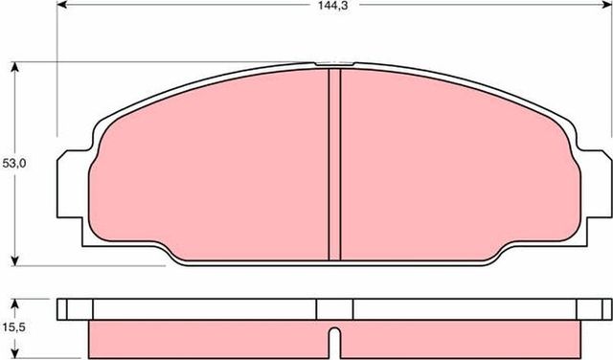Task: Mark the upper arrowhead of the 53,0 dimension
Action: pos(16,68)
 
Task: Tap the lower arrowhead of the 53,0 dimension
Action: pos(16,259)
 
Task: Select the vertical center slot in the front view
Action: pos(334,164)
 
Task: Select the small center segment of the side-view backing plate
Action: pos(334,308)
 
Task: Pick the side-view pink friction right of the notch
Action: pos(460,337)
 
